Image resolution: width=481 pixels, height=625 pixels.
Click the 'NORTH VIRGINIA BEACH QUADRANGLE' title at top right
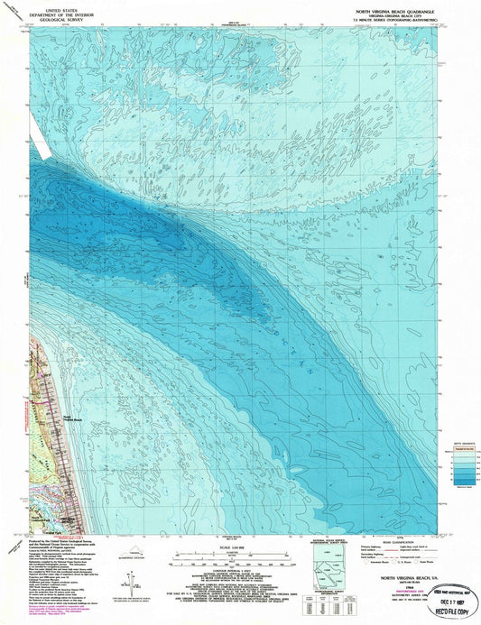(x=401, y=5)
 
